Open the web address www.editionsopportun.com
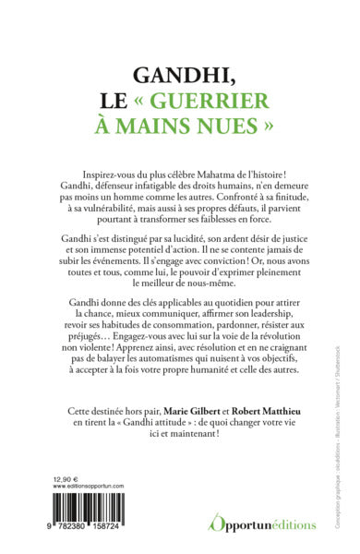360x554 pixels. [89, 488]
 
